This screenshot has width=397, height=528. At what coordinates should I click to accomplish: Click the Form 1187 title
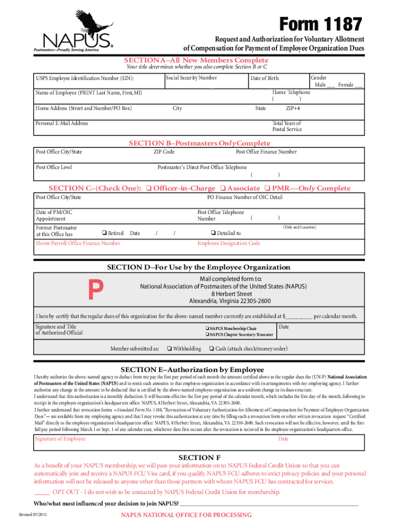click(320, 24)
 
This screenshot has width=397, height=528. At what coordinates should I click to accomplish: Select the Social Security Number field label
click(191, 78)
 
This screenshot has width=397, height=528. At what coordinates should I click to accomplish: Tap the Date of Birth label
click(264, 78)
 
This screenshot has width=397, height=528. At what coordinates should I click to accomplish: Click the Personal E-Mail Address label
click(61, 123)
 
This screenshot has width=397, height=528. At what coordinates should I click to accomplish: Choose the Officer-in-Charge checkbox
click(148, 188)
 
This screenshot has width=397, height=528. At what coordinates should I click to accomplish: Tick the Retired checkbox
click(104, 233)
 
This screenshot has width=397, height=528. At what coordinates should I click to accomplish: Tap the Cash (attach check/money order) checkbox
click(211, 349)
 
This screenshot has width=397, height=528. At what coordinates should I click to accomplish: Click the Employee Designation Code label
click(229, 243)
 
